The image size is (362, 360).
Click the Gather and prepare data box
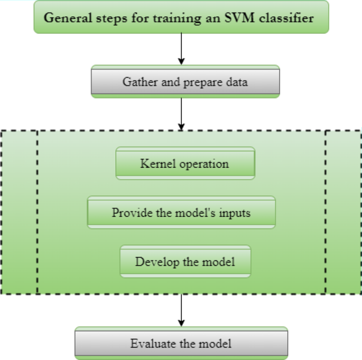185,82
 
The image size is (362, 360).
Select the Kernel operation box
185,163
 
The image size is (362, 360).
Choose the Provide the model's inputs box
181,213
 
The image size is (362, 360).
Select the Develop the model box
185,261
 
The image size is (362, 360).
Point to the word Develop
155,261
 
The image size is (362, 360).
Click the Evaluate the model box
181,344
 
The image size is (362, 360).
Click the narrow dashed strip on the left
19,212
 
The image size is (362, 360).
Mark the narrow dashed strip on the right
343,212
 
